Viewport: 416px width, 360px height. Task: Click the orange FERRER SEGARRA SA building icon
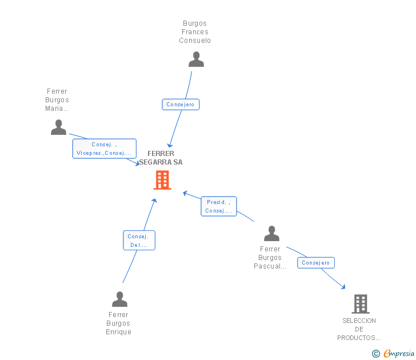(x=162, y=180)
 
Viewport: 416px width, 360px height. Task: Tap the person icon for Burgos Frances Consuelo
(x=196, y=59)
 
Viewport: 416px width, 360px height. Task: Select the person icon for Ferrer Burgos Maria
(x=58, y=127)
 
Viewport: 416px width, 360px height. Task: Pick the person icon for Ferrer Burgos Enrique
(x=119, y=299)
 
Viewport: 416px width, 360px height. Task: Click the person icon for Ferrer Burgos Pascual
(x=271, y=233)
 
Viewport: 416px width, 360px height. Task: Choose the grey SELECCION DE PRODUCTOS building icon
(x=360, y=304)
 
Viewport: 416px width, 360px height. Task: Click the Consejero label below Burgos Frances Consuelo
(x=181, y=105)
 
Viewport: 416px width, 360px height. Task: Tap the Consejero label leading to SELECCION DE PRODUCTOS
(x=316, y=263)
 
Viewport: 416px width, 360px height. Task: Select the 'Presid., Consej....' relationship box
(x=218, y=206)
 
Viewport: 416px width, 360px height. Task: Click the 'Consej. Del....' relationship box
(x=139, y=241)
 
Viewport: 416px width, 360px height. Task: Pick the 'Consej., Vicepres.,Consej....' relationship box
(x=104, y=149)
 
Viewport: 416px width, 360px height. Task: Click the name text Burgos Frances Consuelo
(x=195, y=32)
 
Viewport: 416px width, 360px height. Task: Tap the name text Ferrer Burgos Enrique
(x=118, y=323)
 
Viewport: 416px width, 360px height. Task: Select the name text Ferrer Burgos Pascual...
(x=270, y=258)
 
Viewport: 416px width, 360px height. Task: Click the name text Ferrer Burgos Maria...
(x=57, y=100)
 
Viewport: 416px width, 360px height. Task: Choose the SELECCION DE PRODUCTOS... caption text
(x=359, y=329)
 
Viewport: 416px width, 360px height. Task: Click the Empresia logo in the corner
(x=398, y=353)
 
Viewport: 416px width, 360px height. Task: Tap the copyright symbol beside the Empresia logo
(x=375, y=354)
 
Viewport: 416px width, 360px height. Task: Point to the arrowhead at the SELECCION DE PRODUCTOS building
(x=343, y=287)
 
